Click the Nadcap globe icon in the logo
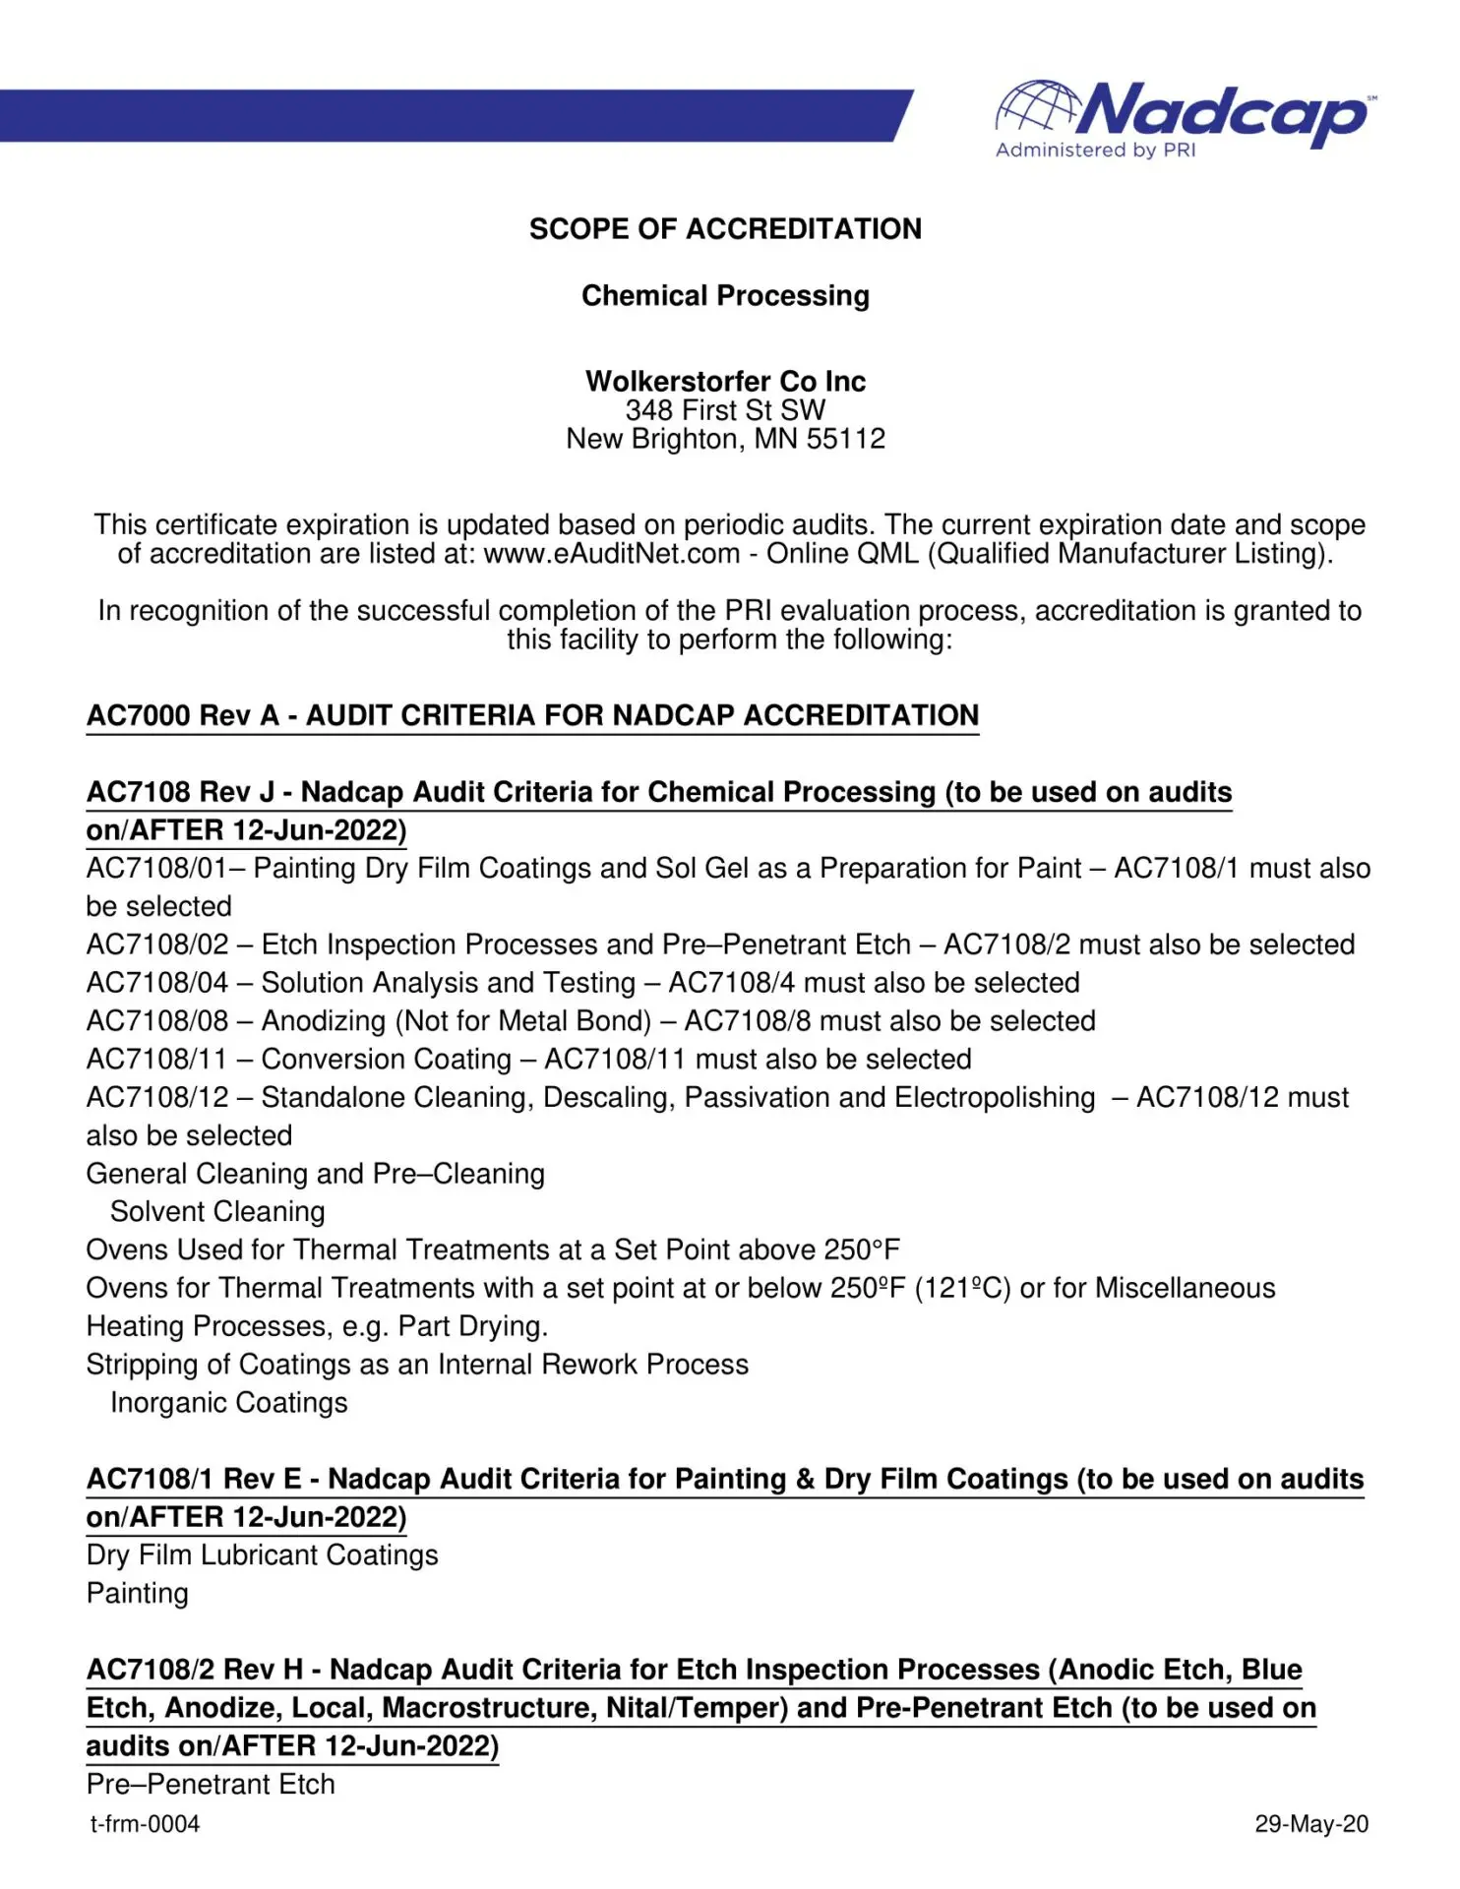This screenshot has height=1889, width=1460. (1039, 106)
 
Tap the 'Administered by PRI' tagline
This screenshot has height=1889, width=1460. (1095, 151)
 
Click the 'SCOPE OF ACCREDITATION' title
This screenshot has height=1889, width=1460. (725, 229)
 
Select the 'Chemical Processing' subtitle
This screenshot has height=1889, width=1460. (725, 296)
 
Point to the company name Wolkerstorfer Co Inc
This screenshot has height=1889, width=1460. (725, 381)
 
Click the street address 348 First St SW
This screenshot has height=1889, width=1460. (725, 410)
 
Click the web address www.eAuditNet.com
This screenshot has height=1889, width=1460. (611, 554)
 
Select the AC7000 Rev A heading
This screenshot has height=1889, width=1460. (532, 715)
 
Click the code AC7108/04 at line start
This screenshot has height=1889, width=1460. (157, 983)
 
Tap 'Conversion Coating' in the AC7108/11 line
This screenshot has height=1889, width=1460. (387, 1060)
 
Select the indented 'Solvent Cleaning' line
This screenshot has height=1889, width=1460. (217, 1212)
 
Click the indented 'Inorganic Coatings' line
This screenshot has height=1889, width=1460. (229, 1403)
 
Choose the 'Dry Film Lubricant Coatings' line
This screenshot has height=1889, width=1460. (263, 1555)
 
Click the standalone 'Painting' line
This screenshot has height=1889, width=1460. (138, 1594)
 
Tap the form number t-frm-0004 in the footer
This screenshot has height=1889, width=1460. (146, 1825)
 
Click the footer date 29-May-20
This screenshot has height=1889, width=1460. (1311, 1825)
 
